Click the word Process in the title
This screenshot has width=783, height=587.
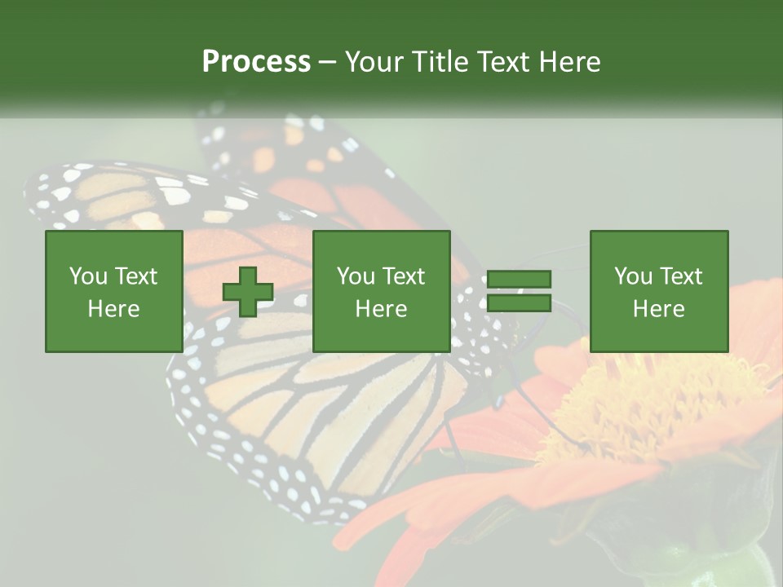click(x=256, y=62)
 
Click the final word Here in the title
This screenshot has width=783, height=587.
click(x=571, y=62)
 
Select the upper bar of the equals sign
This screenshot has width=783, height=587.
click(x=519, y=280)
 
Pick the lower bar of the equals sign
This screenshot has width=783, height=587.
click(x=519, y=303)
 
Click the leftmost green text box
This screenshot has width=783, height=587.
click(x=113, y=291)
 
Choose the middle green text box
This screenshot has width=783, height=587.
click(x=381, y=291)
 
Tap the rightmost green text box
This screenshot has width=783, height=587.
click(x=658, y=291)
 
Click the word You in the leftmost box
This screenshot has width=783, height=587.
click(x=87, y=276)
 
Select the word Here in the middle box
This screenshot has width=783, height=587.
click(x=381, y=309)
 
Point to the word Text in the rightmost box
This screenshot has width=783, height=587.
click(x=681, y=276)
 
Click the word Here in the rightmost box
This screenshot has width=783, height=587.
click(x=658, y=309)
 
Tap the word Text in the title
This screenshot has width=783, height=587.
click(x=504, y=62)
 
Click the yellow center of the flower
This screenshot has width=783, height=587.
click(x=644, y=399)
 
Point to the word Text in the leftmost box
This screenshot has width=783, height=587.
click(x=136, y=276)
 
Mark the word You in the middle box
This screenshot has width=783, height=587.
click(x=355, y=276)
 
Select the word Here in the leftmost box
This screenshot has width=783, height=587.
click(x=113, y=309)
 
